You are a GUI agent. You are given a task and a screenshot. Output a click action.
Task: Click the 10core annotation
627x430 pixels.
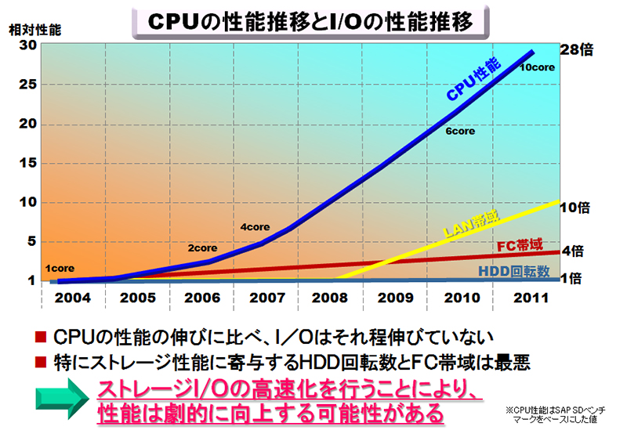click(x=537, y=68)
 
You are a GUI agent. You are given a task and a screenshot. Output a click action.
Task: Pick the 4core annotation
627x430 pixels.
click(x=255, y=227)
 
